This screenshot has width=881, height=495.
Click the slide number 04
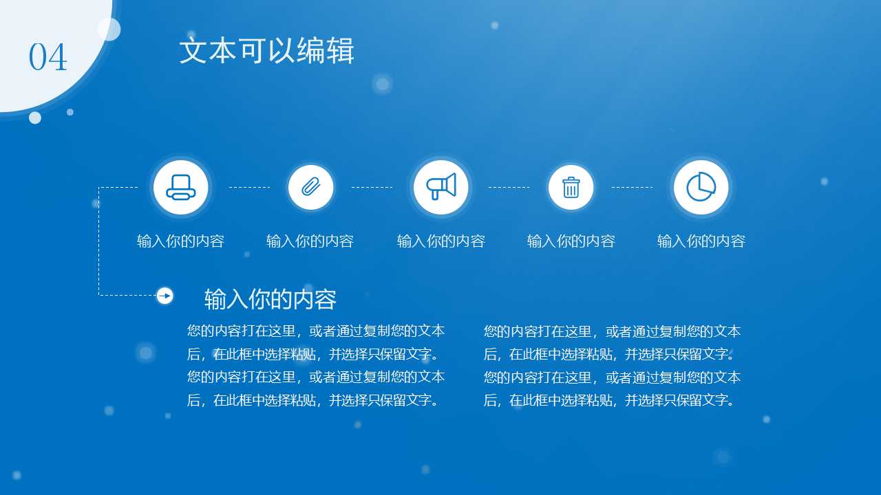coord(47,57)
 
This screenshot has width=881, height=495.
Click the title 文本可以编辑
coord(266,52)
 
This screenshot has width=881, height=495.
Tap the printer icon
coord(181,187)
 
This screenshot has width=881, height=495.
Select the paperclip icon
coord(310,187)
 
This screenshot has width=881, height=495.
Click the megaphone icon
coord(440,187)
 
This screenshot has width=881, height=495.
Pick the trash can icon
coord(571,187)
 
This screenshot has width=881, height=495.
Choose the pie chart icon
coord(701,187)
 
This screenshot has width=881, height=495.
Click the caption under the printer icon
coord(181,241)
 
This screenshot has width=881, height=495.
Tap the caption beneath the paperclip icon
coord(310,241)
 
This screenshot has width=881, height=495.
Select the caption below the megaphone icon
coord(441,241)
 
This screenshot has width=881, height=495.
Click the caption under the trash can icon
coord(571,241)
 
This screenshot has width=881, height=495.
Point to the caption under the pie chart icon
coord(701,241)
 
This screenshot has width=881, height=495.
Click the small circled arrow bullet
coord(164,296)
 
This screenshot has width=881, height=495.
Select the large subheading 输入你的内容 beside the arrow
coord(270,300)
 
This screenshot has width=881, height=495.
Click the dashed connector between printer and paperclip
coord(249,187)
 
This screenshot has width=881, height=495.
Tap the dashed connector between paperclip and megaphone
coord(372,187)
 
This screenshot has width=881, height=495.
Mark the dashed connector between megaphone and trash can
coord(509,187)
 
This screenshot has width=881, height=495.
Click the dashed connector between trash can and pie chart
coord(632,187)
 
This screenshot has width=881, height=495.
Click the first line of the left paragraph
coord(316,331)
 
